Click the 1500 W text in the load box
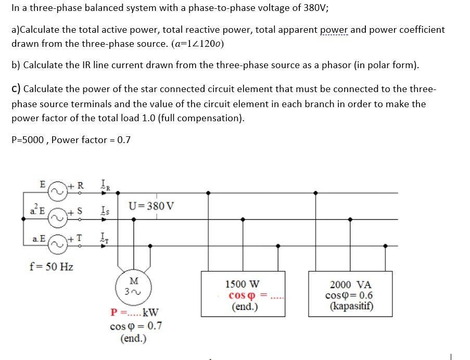[x=242, y=284]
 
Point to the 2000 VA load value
[x=351, y=285]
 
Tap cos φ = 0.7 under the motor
[x=135, y=327]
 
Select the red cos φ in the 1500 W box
[x=240, y=295]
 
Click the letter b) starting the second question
[x=16, y=65]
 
